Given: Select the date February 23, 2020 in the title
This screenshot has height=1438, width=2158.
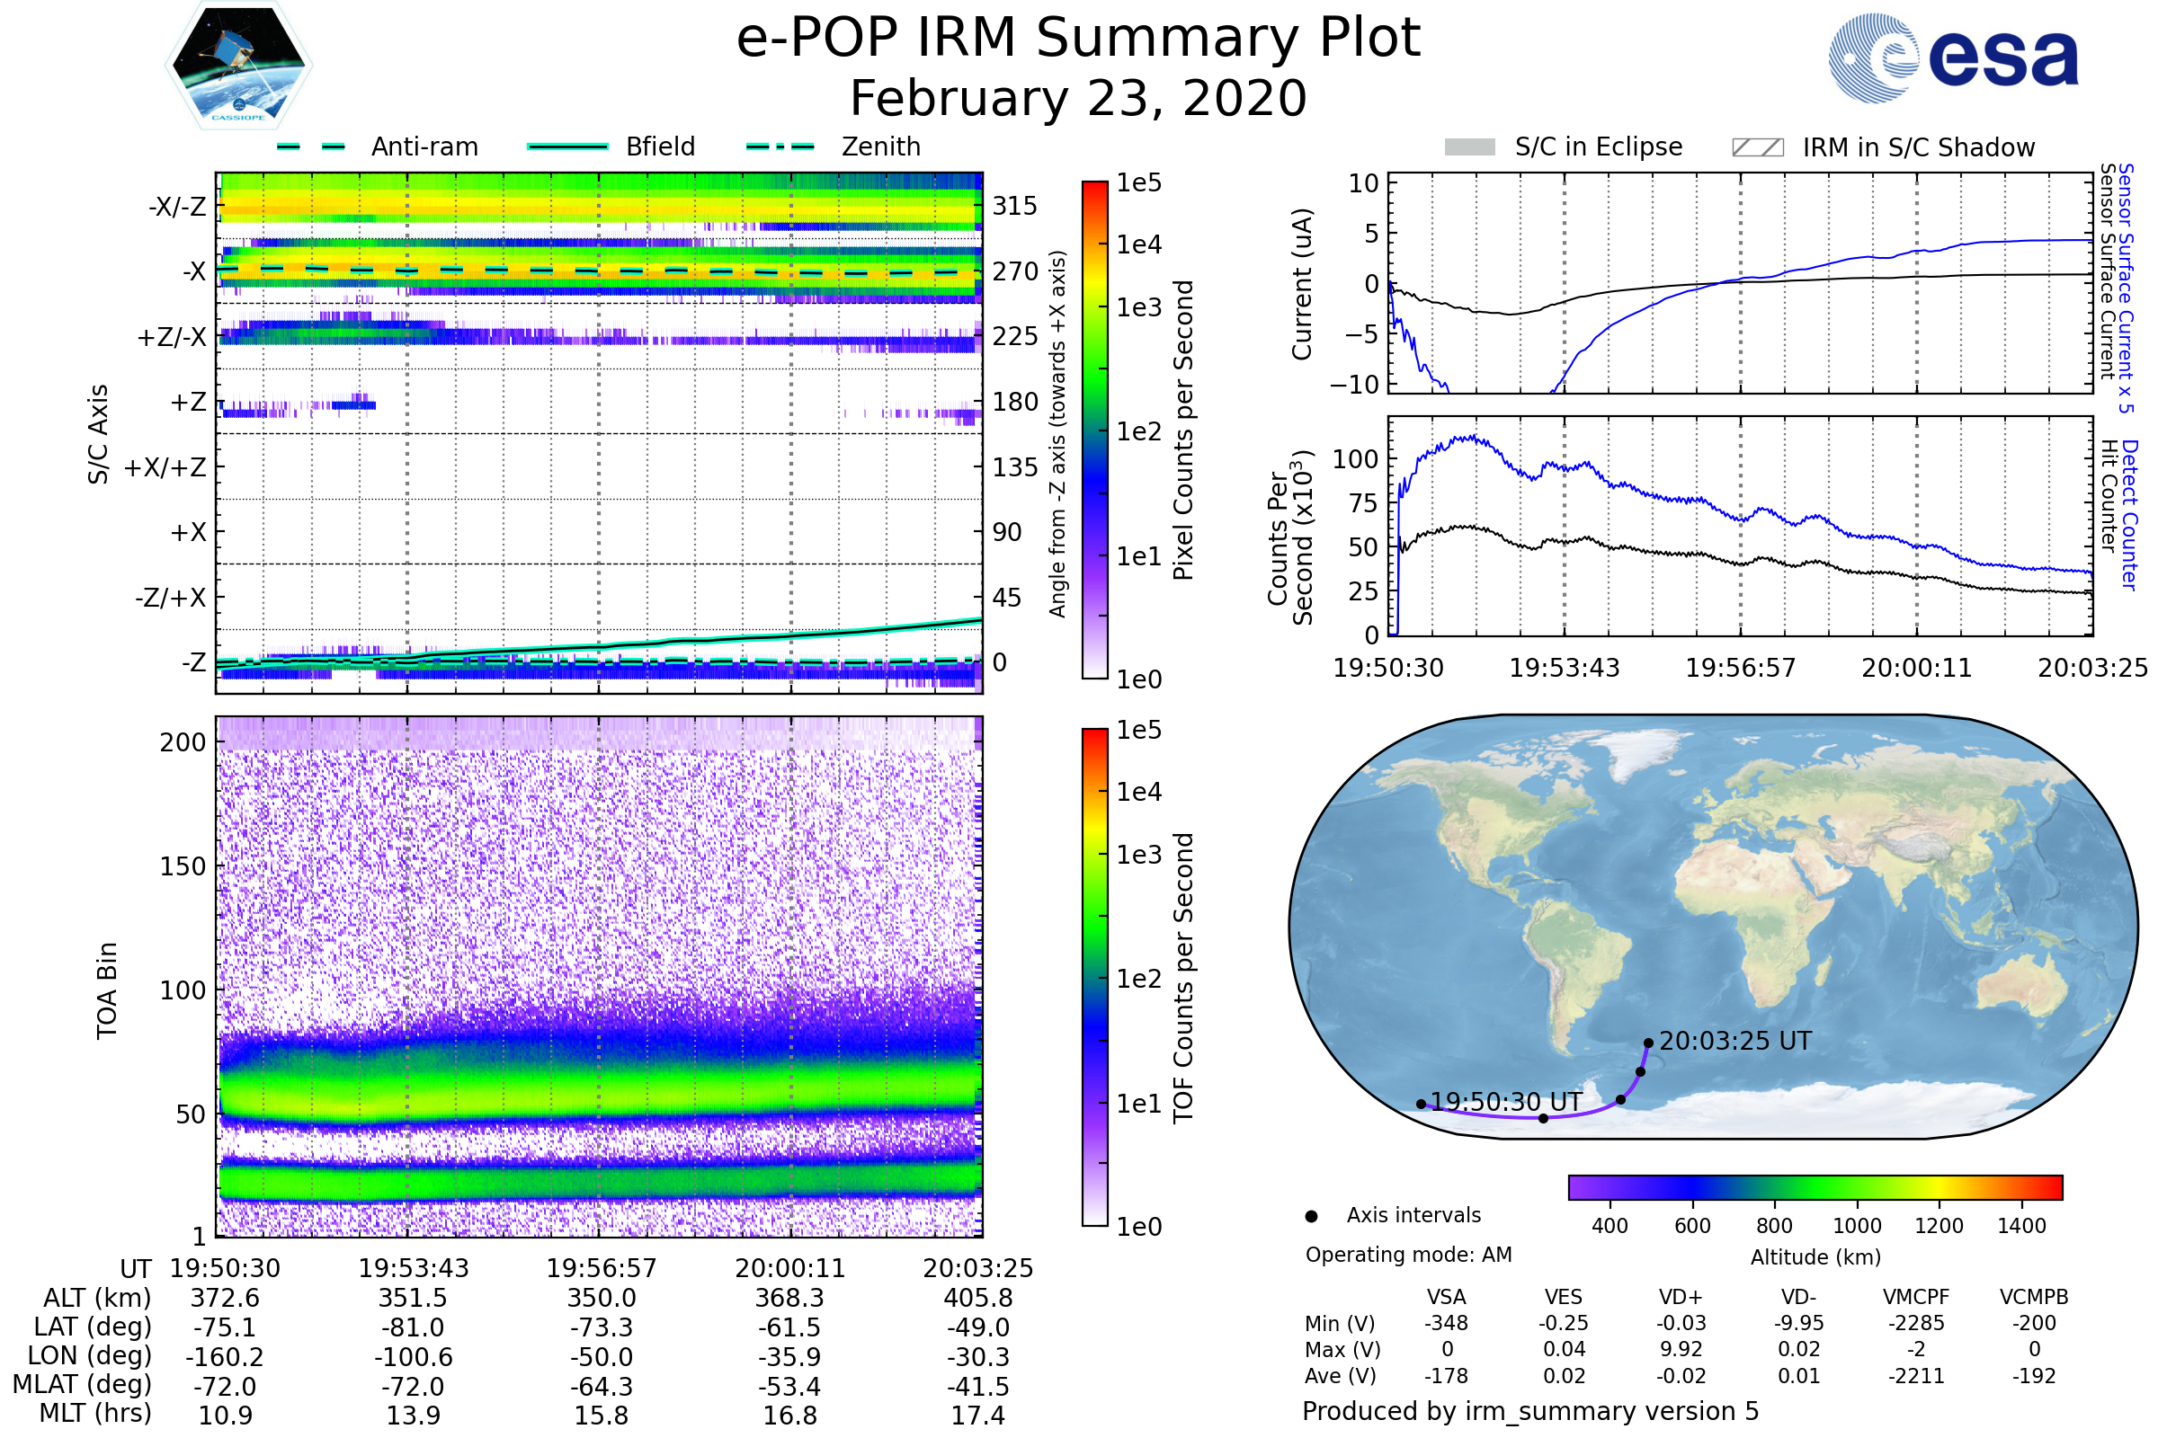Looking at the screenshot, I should [x=1078, y=98].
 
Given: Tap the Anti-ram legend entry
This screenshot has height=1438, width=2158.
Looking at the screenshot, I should [x=424, y=146].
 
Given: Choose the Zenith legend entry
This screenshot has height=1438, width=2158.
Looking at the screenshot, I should [x=880, y=146].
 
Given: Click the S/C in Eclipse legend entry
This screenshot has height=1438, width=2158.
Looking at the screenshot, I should [x=1598, y=146].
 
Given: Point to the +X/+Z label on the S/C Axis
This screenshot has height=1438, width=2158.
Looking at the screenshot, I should [x=165, y=467].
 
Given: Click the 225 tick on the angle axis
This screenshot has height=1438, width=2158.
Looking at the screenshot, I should [x=1014, y=336].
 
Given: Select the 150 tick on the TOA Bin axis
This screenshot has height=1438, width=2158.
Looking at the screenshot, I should [x=183, y=866].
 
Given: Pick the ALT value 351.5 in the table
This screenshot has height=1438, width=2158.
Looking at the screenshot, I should [x=413, y=1298].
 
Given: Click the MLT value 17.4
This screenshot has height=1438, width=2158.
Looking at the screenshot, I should [x=977, y=1415].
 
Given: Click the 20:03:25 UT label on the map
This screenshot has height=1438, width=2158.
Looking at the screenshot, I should [x=1735, y=1041].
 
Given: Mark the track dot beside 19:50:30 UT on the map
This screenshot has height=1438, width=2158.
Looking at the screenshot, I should [x=1422, y=1105].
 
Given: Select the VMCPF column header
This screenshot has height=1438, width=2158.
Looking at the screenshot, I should [x=1916, y=1297].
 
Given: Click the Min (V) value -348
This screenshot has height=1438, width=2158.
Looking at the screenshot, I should [x=1446, y=1323].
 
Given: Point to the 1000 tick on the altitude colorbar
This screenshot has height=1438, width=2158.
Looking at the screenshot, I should [x=1857, y=1226].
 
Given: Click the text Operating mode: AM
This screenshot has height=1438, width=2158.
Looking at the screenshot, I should [x=1408, y=1255].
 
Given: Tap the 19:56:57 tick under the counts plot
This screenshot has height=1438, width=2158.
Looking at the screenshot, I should [x=1740, y=668].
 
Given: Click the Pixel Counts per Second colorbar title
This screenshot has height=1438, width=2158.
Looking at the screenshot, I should [x=1183, y=431].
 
